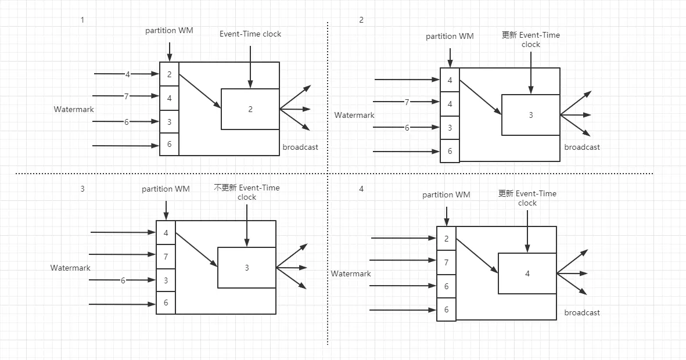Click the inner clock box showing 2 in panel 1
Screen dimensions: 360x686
250,109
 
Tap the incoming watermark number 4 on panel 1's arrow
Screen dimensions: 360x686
127,74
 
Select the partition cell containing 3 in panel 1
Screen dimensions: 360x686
169,121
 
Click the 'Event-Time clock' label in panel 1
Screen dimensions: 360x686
250,34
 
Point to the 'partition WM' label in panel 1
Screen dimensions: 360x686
169,30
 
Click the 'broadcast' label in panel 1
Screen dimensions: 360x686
300,147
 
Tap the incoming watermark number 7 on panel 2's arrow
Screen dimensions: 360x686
407,102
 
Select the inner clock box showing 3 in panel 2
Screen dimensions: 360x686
530,115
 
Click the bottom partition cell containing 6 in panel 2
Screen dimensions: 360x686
450,151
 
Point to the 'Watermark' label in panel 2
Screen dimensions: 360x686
354,115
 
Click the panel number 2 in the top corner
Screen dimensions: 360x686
361,20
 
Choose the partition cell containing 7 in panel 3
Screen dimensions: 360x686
166,256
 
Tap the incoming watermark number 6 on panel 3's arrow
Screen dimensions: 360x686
123,280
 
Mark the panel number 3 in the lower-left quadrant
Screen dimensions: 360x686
82,189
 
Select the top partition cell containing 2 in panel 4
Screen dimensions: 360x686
446,239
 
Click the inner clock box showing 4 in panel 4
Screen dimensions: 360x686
527,273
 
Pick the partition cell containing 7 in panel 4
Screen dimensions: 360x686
446,262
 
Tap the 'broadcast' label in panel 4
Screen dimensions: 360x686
582,312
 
